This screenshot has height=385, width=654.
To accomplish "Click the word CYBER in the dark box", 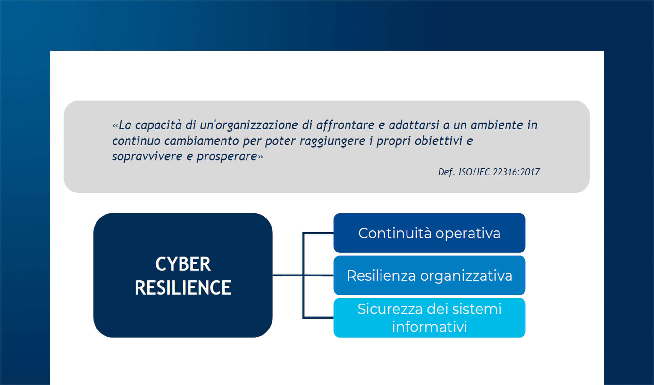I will coord(183,264).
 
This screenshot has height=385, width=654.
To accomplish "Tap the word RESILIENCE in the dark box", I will coord(183,288).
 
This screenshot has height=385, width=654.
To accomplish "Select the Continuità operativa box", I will coord(429,233).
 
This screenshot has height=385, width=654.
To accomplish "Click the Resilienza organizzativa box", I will coord(429,276).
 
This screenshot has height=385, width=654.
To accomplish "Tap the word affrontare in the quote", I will coord(345,125).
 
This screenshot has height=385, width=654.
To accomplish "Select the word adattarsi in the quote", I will coord(414,125).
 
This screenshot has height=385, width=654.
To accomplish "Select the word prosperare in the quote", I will coord(227,157).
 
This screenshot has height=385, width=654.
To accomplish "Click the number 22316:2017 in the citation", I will coord(516,172).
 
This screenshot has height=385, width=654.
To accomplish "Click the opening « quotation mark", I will coord(115,125).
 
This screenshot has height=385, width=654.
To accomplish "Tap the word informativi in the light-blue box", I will coord(429,327).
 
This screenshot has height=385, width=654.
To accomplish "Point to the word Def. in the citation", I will coord(446,172).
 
